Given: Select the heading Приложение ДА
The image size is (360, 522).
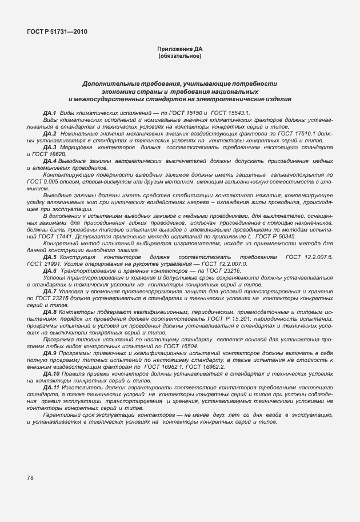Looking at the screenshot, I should coord(179,50).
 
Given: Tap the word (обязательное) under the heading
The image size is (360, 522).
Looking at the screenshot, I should coord(179,56).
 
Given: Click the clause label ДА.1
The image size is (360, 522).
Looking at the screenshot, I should coord(50,114).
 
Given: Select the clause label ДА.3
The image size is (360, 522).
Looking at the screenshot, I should coord(50,148).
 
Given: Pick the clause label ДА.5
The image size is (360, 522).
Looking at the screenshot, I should coord(50,258).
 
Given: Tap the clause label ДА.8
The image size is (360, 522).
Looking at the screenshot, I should coord(50,312).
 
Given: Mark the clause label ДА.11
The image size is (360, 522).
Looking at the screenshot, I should coord(51,388).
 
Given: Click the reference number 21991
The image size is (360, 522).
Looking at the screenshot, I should coord(54,264).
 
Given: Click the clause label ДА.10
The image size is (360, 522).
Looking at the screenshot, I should coord(51,373).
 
